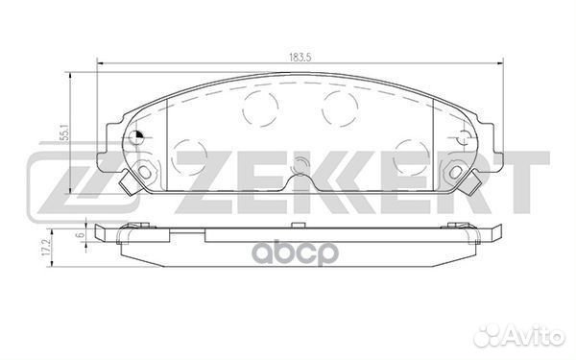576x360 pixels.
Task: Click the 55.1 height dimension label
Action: tap(66, 135)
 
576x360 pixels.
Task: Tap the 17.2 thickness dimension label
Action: tap(45, 249)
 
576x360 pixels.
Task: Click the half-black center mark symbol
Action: tap(137, 137)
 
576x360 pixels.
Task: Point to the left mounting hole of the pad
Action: tap(145, 171)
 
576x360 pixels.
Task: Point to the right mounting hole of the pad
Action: tap(455, 171)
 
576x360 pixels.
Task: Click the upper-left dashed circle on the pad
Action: tap(260, 108)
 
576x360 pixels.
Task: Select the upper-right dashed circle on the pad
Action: tap(340, 108)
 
